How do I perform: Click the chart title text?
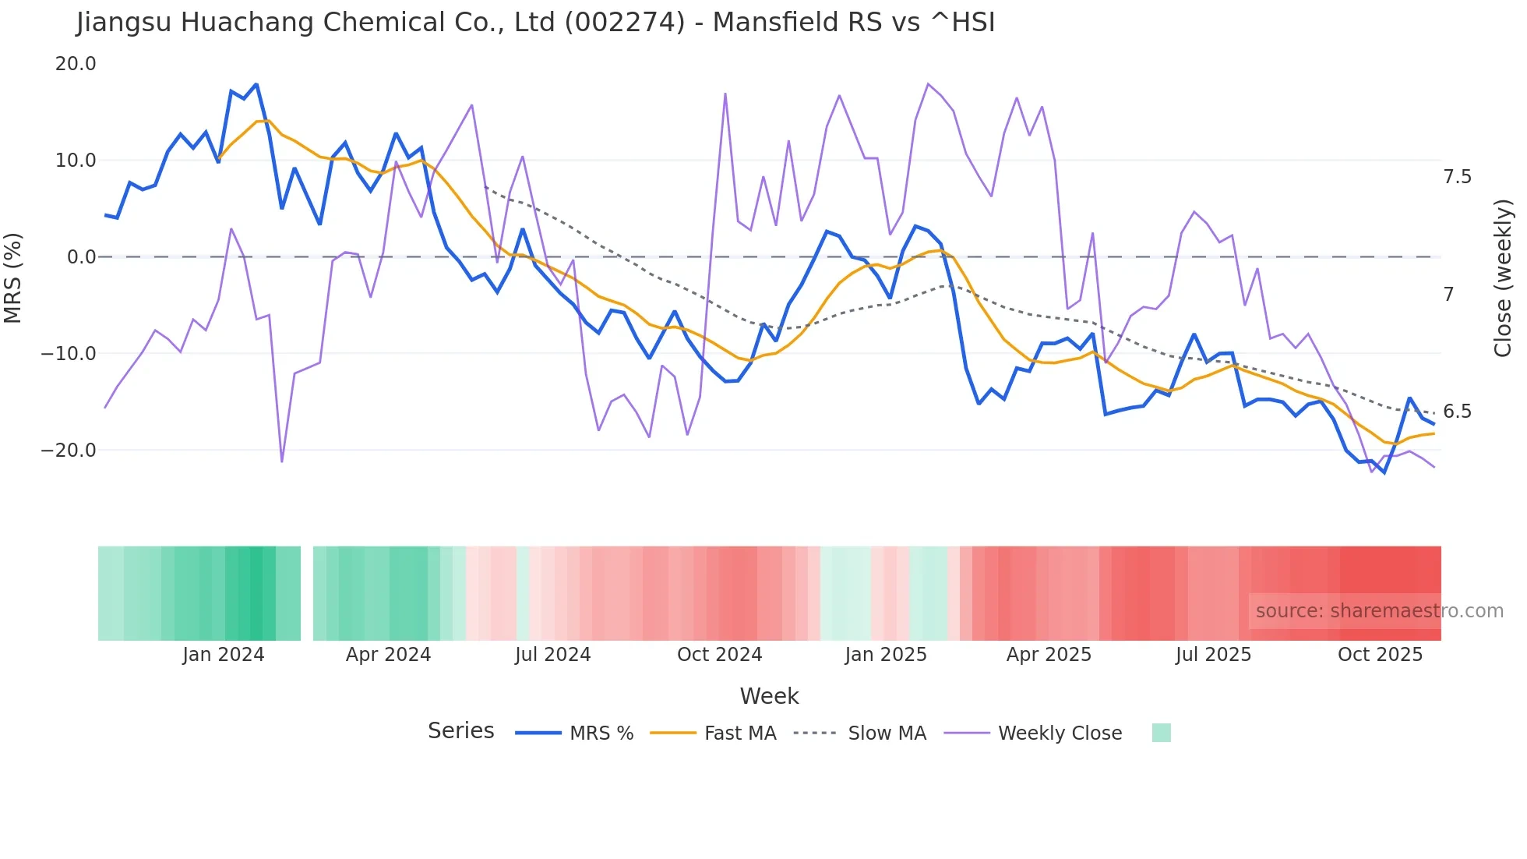pyautogui.click(x=536, y=23)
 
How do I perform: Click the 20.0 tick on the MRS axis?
pyautogui.click(x=76, y=64)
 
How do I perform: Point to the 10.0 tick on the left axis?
pyautogui.click(x=76, y=161)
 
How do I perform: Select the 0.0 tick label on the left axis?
pyautogui.click(x=81, y=257)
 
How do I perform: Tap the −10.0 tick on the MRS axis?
pyautogui.click(x=69, y=354)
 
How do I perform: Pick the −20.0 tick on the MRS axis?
pyautogui.click(x=69, y=451)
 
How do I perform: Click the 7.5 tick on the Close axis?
pyautogui.click(x=1457, y=177)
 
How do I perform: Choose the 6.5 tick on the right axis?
pyautogui.click(x=1457, y=412)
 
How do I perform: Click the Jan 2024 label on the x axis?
pyautogui.click(x=224, y=655)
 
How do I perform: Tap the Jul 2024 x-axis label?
pyautogui.click(x=553, y=655)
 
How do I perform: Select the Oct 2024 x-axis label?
pyautogui.click(x=719, y=655)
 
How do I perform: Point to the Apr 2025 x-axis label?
pyautogui.click(x=1049, y=655)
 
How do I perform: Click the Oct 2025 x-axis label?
pyautogui.click(x=1380, y=655)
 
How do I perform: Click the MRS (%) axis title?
pyautogui.click(x=13, y=277)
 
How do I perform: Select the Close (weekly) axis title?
pyautogui.click(x=1503, y=278)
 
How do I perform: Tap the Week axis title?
pyautogui.click(x=769, y=696)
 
